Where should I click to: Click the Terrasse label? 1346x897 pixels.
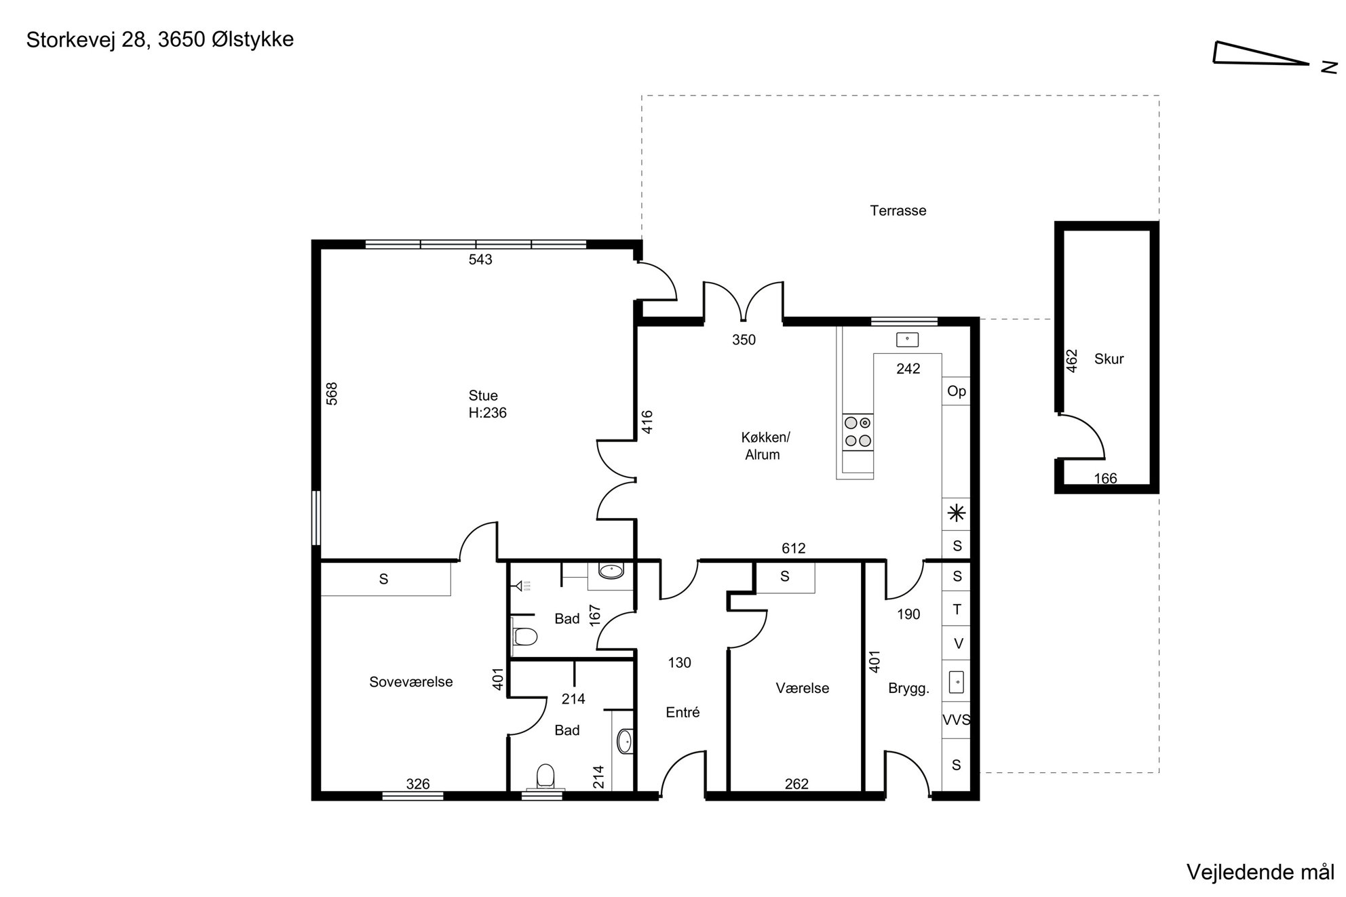pyautogui.click(x=898, y=211)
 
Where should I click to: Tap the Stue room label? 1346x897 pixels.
pyautogui.click(x=483, y=395)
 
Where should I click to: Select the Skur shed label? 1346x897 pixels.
pyautogui.click(x=1109, y=359)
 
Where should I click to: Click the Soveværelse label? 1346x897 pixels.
pyautogui.click(x=410, y=682)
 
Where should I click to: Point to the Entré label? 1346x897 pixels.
pyautogui.click(x=682, y=712)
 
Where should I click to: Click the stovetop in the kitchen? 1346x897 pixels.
pyautogui.click(x=858, y=432)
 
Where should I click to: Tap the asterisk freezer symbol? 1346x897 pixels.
pyautogui.click(x=957, y=513)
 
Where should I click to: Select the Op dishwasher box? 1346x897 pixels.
pyautogui.click(x=957, y=391)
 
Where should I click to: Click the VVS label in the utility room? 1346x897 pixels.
pyautogui.click(x=957, y=720)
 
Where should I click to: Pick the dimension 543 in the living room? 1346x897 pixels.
pyautogui.click(x=480, y=260)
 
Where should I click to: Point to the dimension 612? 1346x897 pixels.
pyautogui.click(x=793, y=549)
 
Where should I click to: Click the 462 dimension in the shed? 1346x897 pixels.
pyautogui.click(x=1072, y=361)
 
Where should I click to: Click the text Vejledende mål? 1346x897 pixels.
pyautogui.click(x=1261, y=872)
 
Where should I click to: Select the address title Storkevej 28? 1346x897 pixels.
pyautogui.click(x=86, y=40)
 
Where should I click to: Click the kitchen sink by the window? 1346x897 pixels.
pyautogui.click(x=907, y=340)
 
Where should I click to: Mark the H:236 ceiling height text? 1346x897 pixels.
pyautogui.click(x=487, y=413)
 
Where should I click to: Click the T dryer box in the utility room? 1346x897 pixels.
pyautogui.click(x=957, y=610)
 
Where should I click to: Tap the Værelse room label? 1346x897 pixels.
pyautogui.click(x=802, y=688)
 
